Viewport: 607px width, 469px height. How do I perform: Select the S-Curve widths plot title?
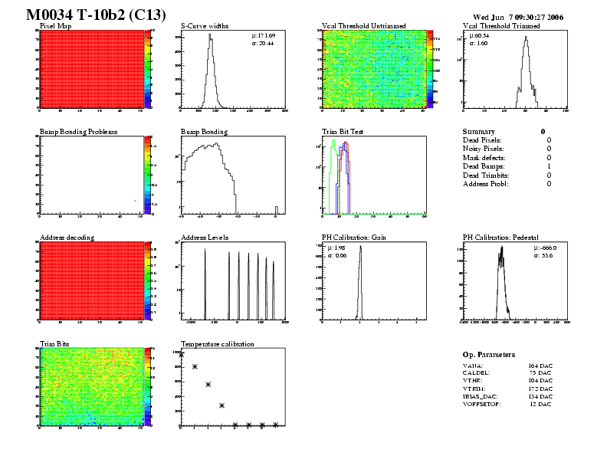(x=209, y=26)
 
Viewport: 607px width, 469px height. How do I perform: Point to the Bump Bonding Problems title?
(x=78, y=132)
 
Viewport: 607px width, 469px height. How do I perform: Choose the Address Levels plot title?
(x=205, y=238)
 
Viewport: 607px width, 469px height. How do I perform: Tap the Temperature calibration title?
(x=217, y=344)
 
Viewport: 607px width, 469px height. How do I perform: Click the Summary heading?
(x=479, y=132)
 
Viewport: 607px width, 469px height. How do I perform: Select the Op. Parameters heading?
(x=488, y=355)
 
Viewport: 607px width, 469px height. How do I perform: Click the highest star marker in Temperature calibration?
(x=182, y=354)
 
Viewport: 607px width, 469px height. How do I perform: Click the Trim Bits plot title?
(x=54, y=344)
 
